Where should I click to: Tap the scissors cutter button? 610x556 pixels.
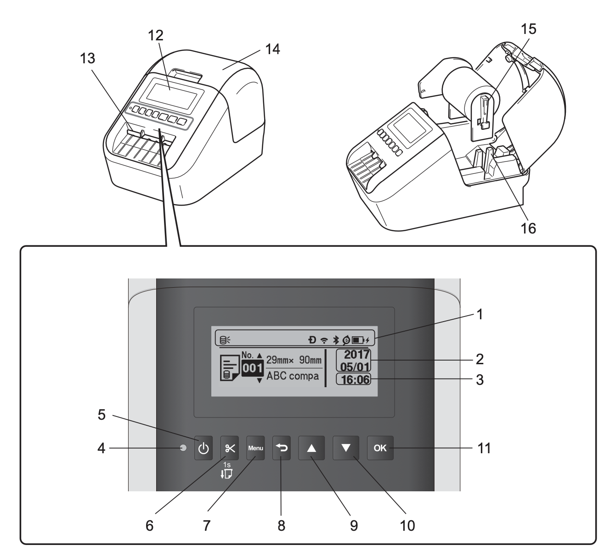(230, 448)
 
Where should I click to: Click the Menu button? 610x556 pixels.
(255, 448)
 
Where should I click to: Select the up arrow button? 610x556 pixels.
(311, 448)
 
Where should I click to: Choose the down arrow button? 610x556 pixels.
(346, 448)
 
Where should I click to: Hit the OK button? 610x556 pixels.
(380, 448)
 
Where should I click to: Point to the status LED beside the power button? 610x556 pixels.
(183, 448)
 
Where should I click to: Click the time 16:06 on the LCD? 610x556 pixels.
(354, 379)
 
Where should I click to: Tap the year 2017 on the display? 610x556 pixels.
(356, 355)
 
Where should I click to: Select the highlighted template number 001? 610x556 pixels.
(252, 368)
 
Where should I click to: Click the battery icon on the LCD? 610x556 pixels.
(358, 340)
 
